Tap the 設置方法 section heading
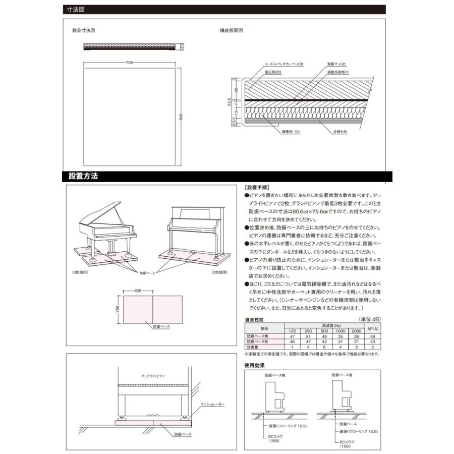click(x=83, y=177)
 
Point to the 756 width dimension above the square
click(x=129, y=62)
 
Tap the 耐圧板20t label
click(x=272, y=73)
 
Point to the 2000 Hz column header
click(x=357, y=330)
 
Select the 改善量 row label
click(x=253, y=347)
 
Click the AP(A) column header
click(x=372, y=328)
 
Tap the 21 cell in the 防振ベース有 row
click(x=357, y=342)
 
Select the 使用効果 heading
click(x=254, y=365)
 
